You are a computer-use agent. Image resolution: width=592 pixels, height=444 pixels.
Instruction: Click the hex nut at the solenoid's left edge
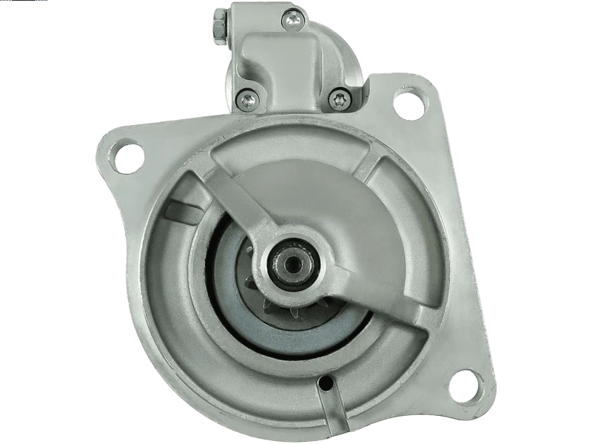(221, 27)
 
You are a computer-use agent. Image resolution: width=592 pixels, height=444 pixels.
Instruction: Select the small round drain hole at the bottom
(323, 385)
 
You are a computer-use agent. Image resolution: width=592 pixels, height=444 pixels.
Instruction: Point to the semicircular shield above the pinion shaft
(296, 185)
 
